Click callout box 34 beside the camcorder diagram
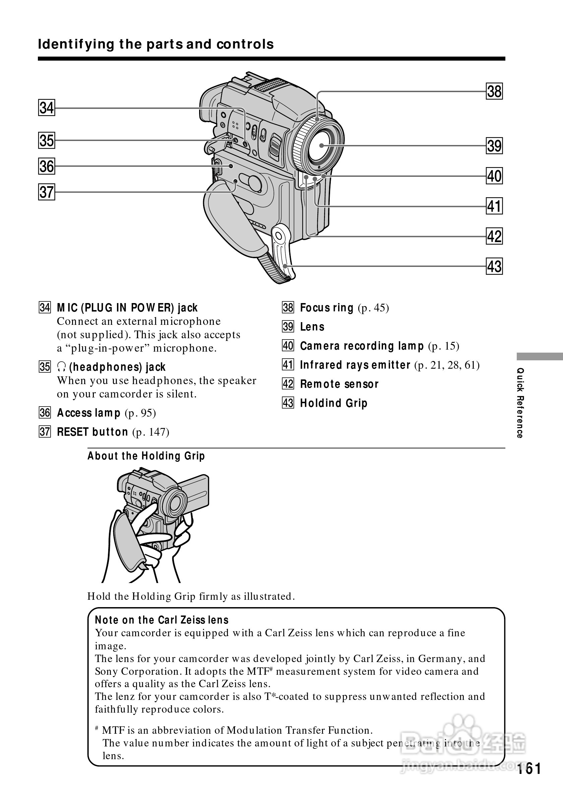(x=47, y=107)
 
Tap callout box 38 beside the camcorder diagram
(x=494, y=92)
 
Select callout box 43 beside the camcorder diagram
(x=494, y=267)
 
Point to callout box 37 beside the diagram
(x=47, y=192)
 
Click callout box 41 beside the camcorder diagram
(x=494, y=206)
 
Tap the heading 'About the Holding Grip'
(x=146, y=456)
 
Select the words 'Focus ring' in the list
(x=326, y=308)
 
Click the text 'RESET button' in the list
(x=92, y=432)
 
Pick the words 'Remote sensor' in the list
(x=339, y=384)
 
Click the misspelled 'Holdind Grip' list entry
(x=333, y=404)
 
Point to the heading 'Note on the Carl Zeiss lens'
(x=162, y=620)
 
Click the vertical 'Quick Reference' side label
(x=520, y=403)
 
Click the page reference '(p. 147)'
(x=151, y=432)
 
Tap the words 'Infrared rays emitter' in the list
(x=355, y=365)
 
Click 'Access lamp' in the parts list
(x=88, y=413)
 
